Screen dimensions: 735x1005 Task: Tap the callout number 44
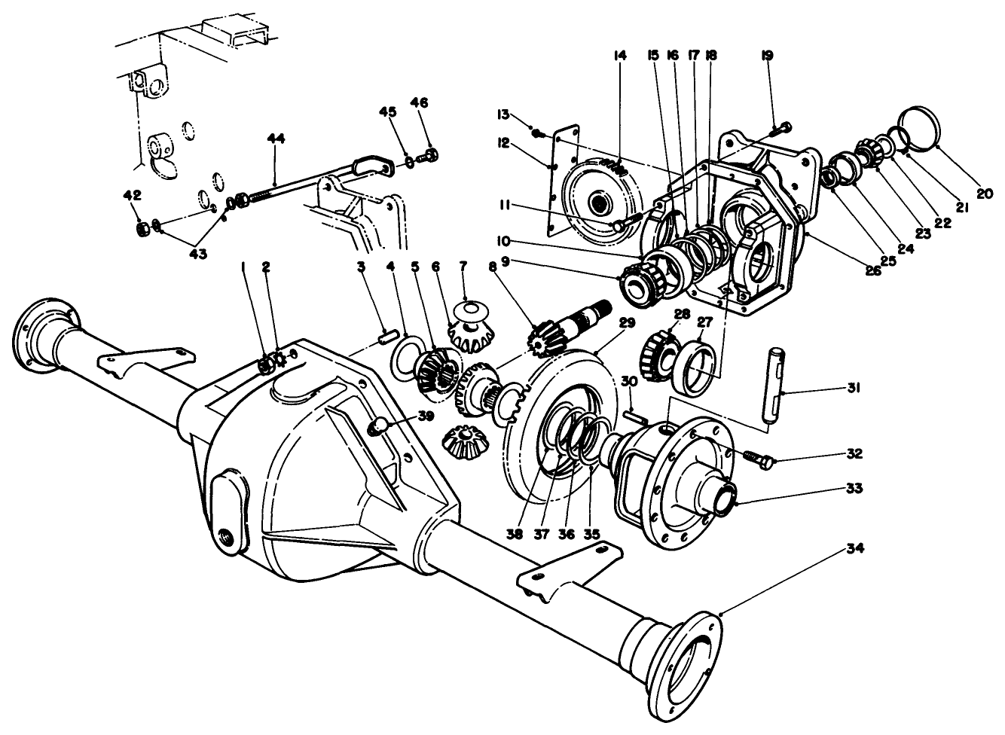(276, 139)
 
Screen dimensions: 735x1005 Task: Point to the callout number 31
(854, 388)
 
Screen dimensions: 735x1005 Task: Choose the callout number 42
(132, 195)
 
